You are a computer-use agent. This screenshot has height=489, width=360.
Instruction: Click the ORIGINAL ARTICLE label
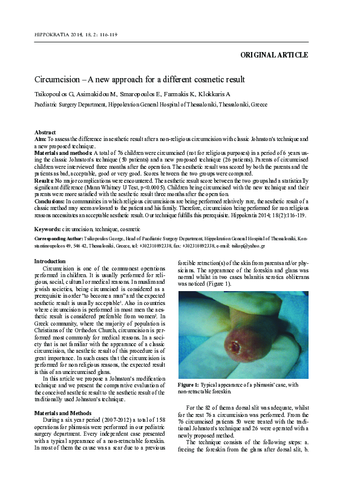click(274, 55)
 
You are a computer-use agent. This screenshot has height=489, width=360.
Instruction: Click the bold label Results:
click(45, 181)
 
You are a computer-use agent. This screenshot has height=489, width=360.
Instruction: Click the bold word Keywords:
click(50, 229)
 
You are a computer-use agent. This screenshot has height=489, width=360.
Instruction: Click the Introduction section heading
click(50, 261)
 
